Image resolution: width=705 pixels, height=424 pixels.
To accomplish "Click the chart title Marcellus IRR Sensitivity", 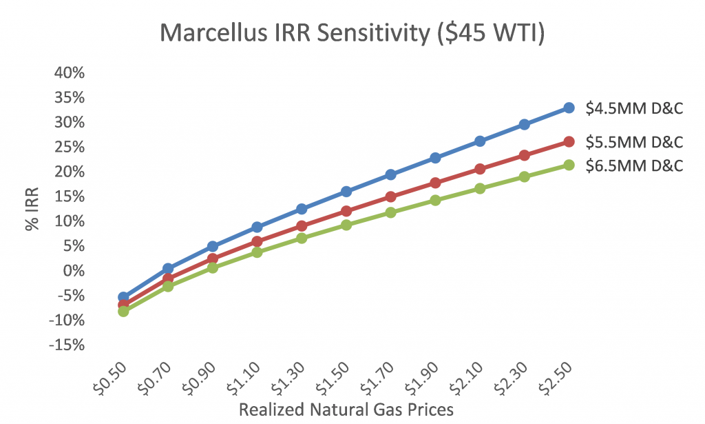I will [x=352, y=33].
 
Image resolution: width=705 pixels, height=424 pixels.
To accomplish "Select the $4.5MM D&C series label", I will [x=634, y=108].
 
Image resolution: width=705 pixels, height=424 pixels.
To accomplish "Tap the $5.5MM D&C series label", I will [x=634, y=142].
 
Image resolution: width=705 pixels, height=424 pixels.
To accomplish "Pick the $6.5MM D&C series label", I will [x=634, y=165].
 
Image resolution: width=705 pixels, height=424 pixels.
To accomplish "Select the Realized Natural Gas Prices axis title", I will [x=346, y=409].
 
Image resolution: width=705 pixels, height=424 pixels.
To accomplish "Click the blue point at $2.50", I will [x=569, y=108].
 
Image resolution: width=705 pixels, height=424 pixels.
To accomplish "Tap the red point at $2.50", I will [x=569, y=141].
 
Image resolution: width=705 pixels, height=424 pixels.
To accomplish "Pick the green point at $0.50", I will [x=123, y=311].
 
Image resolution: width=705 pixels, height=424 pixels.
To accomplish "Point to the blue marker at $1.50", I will [x=346, y=191].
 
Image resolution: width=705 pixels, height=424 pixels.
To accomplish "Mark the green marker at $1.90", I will [x=435, y=200].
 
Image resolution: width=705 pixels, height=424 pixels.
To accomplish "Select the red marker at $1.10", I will [x=257, y=241].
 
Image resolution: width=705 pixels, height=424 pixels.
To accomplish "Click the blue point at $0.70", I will [x=168, y=268].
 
